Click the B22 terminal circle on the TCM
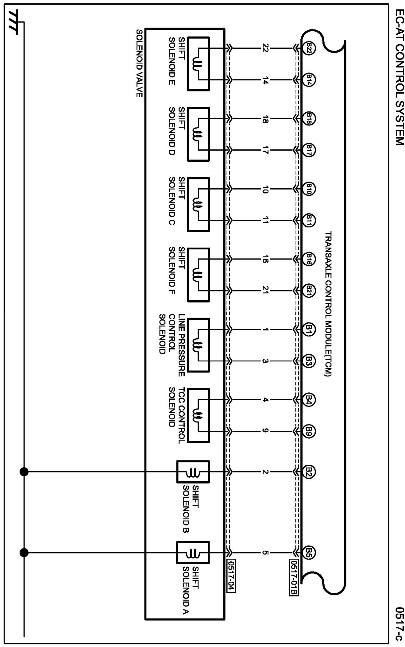309,49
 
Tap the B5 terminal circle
309,553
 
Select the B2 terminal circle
309,472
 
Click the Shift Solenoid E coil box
198,64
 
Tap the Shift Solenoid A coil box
193,553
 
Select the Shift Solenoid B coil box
193,472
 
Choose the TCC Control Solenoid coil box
198,415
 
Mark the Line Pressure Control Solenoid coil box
198,345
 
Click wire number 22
265,49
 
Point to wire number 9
265,431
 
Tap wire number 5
265,553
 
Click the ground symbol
15,21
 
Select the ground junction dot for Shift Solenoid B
24,472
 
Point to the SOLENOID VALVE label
139,63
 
